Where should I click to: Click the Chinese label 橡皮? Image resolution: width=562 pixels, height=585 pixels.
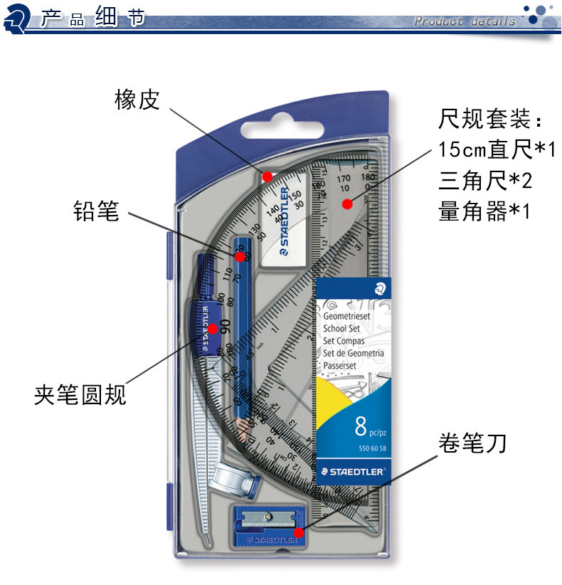[x=137, y=100]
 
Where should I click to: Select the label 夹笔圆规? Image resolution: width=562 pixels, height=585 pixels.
[x=80, y=394]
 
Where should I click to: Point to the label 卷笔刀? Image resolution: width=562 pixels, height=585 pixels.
[x=472, y=444]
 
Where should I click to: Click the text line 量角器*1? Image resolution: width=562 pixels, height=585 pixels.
[x=484, y=211]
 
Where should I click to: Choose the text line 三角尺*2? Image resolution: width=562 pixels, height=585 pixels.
[x=485, y=181]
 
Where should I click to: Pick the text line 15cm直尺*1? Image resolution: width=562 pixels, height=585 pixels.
[x=496, y=149]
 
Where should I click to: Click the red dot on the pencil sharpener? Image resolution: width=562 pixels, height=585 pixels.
[x=299, y=532]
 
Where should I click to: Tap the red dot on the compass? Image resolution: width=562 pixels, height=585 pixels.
[x=213, y=328]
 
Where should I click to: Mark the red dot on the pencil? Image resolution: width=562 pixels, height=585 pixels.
[x=240, y=256]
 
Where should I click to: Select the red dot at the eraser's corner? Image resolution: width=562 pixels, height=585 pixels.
[x=267, y=176]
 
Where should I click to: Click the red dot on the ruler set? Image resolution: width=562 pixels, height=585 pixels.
[x=347, y=205]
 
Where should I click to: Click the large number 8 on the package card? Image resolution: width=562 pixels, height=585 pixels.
[x=361, y=427]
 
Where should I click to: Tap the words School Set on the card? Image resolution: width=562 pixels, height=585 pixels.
[x=341, y=329]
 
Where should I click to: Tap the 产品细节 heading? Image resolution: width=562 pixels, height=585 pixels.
[x=92, y=17]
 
